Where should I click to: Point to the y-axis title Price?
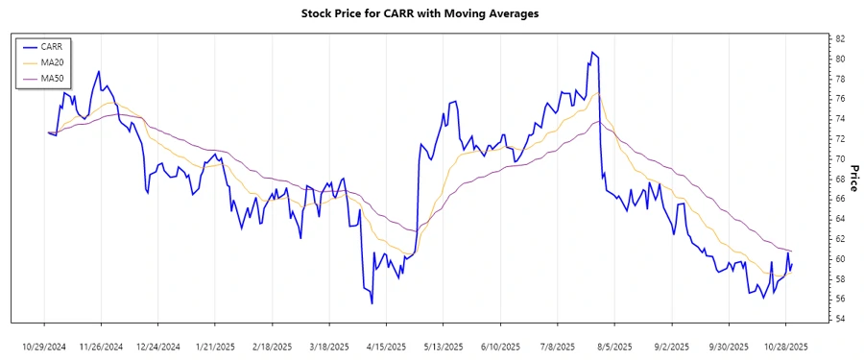point(853,179)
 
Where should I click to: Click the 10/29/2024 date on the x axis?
point(44,346)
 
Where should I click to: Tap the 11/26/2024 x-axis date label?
point(101,346)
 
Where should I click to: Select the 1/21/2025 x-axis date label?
point(215,346)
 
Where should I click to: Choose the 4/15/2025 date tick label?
point(386,346)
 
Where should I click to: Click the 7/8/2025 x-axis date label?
point(558,346)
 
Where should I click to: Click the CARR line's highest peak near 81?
point(592,52)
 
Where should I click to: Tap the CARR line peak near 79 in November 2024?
point(99,71)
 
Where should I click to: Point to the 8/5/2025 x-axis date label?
point(614,346)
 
